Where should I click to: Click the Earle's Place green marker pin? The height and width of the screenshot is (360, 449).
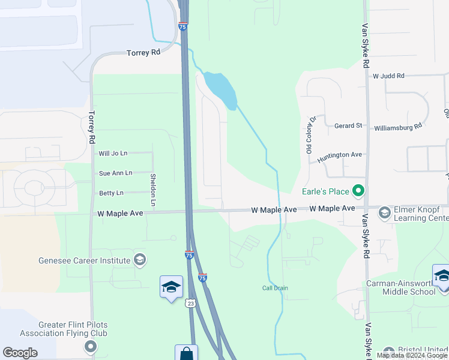coord(359,191)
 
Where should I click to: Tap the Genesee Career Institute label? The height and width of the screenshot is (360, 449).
coord(84,260)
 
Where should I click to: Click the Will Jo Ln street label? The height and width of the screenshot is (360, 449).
coord(113,154)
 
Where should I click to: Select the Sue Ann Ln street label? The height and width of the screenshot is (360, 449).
coord(115,173)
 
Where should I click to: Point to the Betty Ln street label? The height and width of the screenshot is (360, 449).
coord(111,193)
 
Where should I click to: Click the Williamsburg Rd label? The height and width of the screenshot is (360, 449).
coord(398,127)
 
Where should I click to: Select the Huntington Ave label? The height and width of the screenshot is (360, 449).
coord(340,155)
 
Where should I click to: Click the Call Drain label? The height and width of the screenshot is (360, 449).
coord(275,288)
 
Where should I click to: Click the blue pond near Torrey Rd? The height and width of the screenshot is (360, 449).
coord(220,90)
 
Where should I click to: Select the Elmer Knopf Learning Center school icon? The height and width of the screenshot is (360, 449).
coord(384,211)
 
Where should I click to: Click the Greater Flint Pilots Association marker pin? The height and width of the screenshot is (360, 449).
coord(91,346)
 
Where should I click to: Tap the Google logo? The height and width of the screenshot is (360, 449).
coord(20,353)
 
